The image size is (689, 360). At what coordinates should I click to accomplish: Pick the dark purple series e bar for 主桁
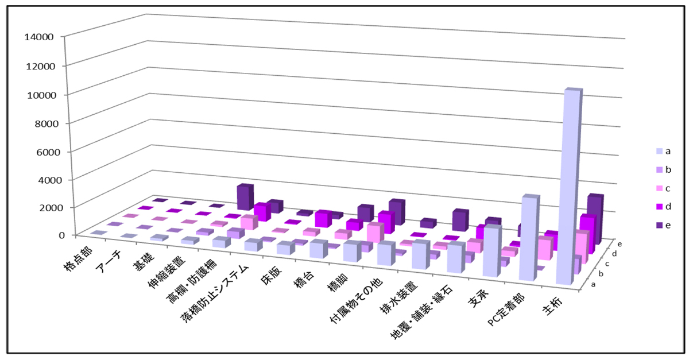click(594, 218)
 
